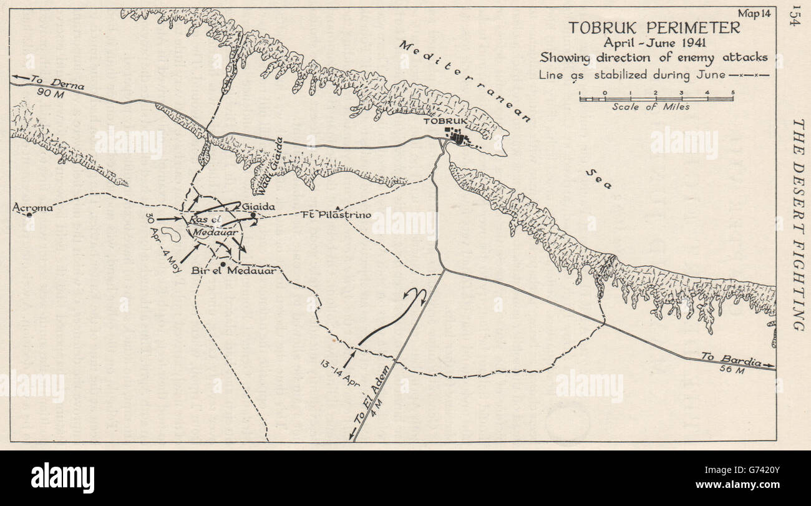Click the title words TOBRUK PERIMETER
(x=654, y=28)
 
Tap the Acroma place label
(x=32, y=207)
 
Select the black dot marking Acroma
(x=29, y=215)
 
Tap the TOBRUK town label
(x=463, y=122)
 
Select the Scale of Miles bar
(x=656, y=98)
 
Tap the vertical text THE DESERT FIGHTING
(x=797, y=224)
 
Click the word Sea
(x=600, y=179)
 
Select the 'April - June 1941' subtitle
(x=654, y=43)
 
